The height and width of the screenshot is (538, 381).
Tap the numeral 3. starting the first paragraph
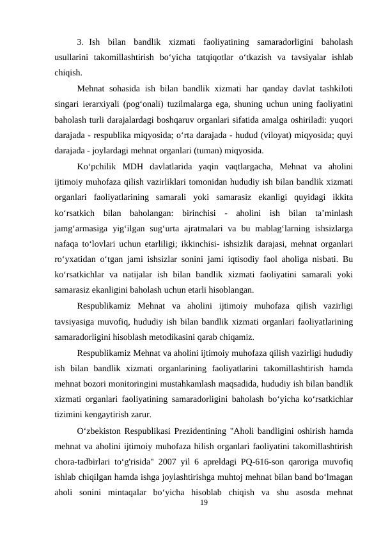pyautogui.click(x=81, y=42)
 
